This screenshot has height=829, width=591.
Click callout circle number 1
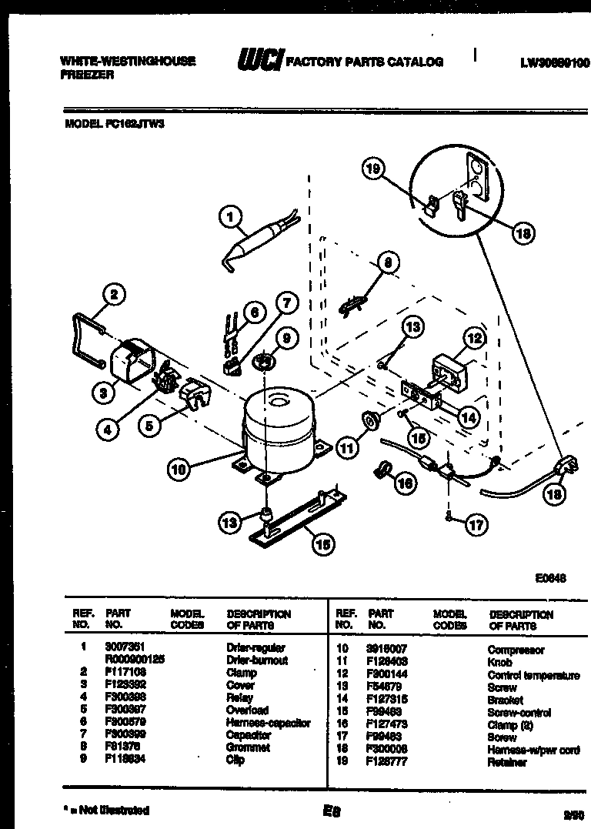point(229,218)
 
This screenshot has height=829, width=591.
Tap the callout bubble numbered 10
point(179,469)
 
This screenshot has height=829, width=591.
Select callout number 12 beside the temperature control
point(475,337)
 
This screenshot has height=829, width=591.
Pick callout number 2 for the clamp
point(113,293)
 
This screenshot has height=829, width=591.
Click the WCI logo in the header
point(260,59)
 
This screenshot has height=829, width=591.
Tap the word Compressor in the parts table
point(516,650)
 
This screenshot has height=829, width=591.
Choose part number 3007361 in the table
point(125,648)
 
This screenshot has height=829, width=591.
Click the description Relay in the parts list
point(239,697)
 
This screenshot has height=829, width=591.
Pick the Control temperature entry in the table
point(533,675)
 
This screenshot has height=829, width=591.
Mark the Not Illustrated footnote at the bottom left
point(105,810)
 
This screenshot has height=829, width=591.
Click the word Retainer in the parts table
point(507,762)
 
